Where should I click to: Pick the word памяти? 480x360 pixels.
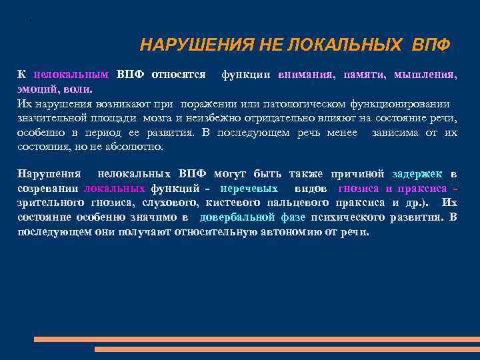(x=364, y=75)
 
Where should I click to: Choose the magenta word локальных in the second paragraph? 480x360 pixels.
(x=115, y=189)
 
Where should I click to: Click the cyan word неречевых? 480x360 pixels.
(x=249, y=189)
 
